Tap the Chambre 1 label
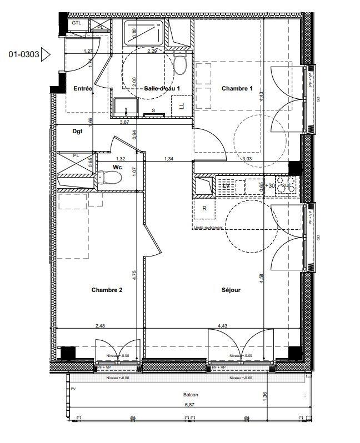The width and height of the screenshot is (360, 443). point(237,89)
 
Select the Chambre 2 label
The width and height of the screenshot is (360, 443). point(107,290)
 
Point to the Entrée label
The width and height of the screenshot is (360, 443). point(83,89)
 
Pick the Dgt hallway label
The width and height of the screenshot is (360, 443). point(78,132)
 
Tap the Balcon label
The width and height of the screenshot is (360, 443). point(190,395)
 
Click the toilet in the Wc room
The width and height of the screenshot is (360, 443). point(112,177)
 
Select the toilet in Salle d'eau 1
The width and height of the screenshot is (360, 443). point(179,64)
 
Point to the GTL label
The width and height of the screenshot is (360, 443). point(76,23)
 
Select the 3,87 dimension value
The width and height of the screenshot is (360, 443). point(125,122)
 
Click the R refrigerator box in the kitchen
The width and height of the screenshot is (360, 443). point(204,209)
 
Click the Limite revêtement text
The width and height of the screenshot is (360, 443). point(208,228)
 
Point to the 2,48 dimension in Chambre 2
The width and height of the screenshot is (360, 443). point(100,325)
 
